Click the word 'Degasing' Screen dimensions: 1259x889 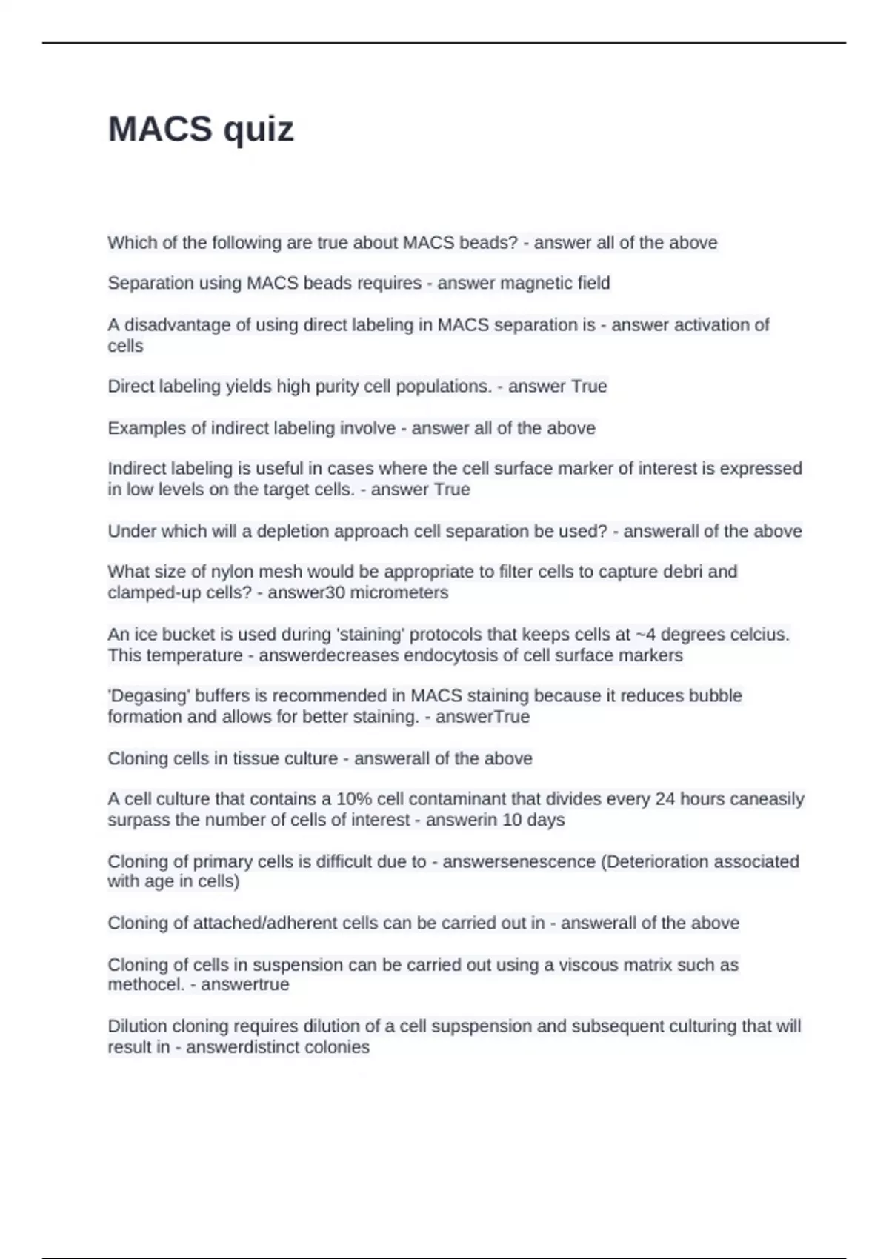coord(146,696)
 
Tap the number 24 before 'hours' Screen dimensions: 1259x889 coord(665,799)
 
